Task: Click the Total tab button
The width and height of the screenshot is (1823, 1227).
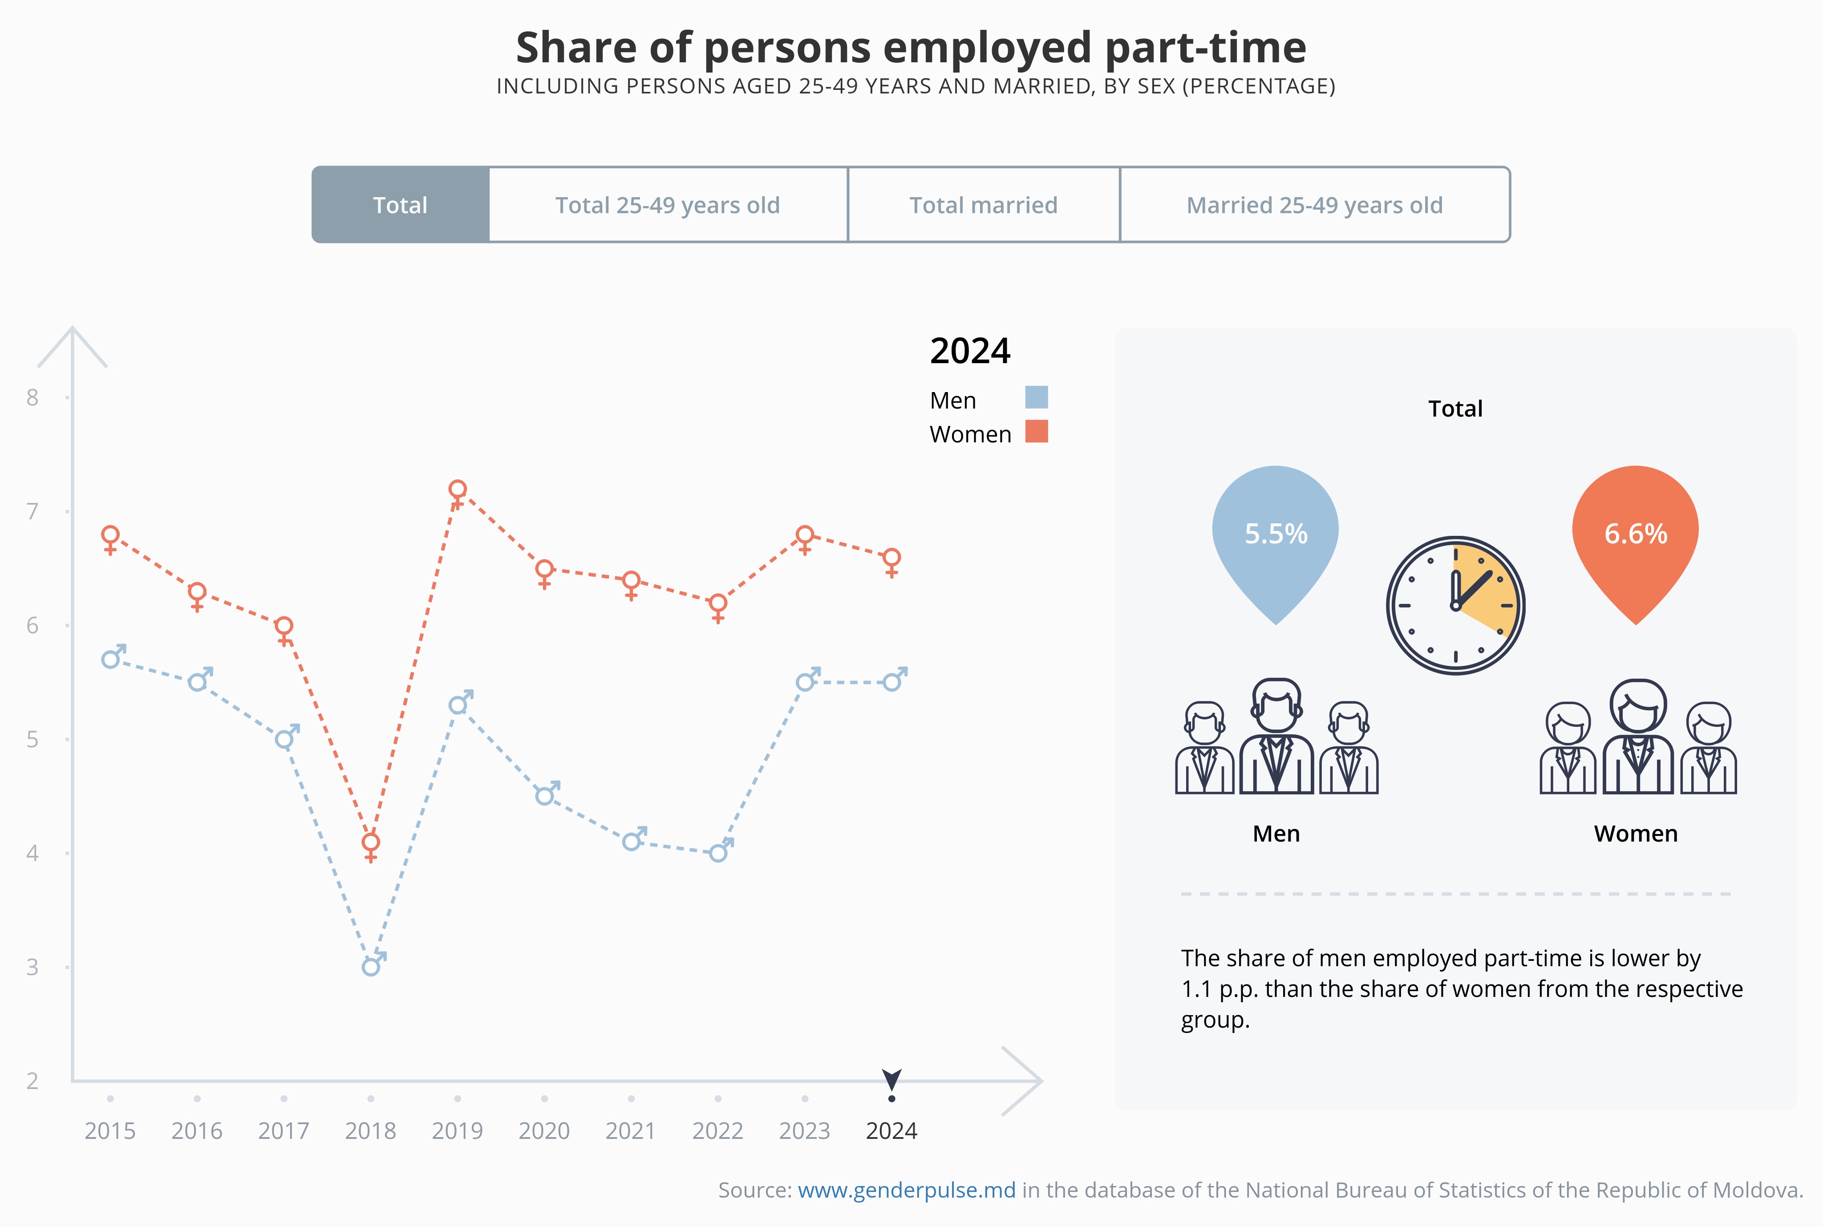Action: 401,205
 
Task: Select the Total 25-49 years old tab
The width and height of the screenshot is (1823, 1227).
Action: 668,205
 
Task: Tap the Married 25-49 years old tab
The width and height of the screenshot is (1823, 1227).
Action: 1314,205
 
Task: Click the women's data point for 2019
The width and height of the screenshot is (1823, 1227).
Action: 458,490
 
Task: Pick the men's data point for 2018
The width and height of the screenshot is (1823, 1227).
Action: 371,967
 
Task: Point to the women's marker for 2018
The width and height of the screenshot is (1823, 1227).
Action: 371,843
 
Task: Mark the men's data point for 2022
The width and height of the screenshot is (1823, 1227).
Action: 718,853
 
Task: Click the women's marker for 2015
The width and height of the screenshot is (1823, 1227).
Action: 110,536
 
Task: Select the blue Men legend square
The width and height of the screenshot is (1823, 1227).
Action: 1037,397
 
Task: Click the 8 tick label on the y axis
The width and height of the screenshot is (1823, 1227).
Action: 32,397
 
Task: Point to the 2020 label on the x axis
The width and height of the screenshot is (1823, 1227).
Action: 544,1131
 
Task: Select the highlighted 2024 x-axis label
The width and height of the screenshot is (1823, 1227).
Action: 891,1131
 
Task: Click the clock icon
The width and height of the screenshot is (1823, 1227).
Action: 1455,605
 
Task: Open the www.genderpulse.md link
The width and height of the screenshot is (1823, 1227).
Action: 906,1190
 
